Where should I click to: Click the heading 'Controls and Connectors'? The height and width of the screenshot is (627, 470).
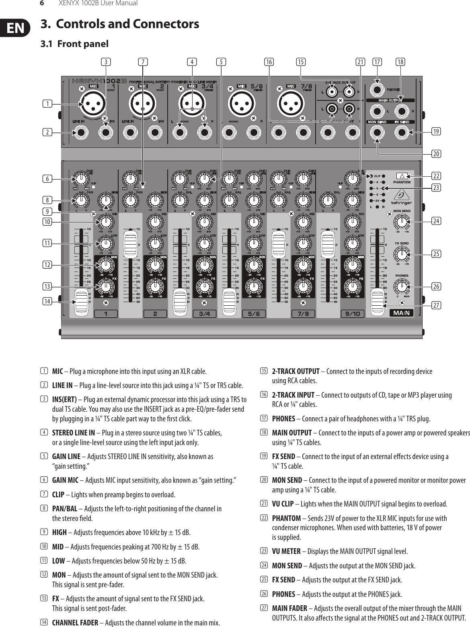[x=127, y=24]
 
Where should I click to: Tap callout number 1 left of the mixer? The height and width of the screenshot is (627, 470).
[x=48, y=104]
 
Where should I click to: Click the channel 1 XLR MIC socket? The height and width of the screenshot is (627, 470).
[x=93, y=104]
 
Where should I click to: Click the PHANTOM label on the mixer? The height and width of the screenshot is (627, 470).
[x=402, y=182]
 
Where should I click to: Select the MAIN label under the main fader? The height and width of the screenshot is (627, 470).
[x=401, y=313]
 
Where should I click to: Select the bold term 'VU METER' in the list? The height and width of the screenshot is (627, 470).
[x=286, y=551]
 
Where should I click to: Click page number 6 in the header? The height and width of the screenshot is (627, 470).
[x=41, y=3]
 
